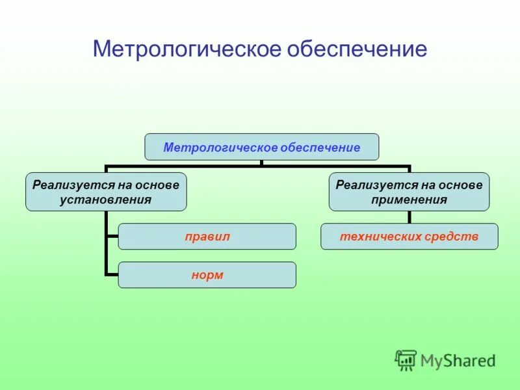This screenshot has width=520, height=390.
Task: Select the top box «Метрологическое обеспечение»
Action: [x=261, y=147]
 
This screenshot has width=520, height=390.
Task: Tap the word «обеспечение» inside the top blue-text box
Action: [x=321, y=148]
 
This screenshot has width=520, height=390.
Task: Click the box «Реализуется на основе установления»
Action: [x=106, y=192]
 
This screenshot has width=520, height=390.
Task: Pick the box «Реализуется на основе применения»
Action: [x=409, y=192]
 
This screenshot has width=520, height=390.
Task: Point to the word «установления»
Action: [x=106, y=200]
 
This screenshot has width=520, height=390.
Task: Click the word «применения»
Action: [x=409, y=200]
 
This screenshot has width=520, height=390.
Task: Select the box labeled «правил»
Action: [x=207, y=237]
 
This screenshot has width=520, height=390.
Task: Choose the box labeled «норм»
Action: [x=207, y=275]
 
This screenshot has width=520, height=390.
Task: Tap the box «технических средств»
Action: [x=409, y=237]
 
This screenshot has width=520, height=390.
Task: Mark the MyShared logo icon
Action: [x=406, y=359]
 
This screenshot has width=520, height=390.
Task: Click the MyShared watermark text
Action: [x=458, y=360]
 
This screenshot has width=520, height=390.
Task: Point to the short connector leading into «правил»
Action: [x=111, y=237]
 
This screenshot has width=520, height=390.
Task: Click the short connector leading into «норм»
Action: [x=111, y=275]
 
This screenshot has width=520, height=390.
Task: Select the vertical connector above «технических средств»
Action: [x=409, y=217]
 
